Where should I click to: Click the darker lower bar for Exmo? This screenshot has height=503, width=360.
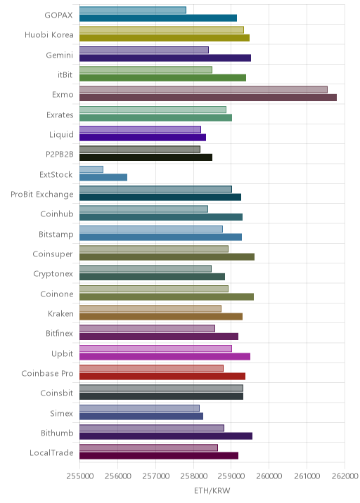(208, 98)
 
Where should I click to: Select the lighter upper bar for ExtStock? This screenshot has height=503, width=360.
(91, 169)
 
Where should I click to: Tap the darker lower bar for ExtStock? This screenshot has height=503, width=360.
(103, 178)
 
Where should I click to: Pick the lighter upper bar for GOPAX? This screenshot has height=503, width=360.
(133, 10)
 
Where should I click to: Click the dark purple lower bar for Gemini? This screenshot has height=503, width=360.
(165, 58)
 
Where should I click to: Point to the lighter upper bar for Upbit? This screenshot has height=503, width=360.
(156, 348)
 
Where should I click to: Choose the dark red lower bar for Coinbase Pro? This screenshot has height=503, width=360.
(162, 377)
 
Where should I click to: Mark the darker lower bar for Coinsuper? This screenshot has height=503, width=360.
(167, 257)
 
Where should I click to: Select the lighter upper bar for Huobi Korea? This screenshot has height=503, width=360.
(162, 30)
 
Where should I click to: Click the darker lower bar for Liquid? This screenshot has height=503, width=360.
(143, 138)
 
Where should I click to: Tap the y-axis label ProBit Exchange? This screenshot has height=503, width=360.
(42, 195)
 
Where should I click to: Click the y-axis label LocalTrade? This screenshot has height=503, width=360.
(51, 452)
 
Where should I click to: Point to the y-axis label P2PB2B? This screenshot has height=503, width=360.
(60, 155)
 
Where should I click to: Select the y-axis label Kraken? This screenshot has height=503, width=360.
(60, 313)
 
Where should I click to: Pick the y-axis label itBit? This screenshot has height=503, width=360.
(65, 74)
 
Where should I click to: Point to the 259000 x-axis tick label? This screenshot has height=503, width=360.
(231, 476)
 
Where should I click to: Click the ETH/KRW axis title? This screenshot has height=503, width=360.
(212, 491)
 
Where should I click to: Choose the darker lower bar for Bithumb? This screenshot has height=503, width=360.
(166, 436)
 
